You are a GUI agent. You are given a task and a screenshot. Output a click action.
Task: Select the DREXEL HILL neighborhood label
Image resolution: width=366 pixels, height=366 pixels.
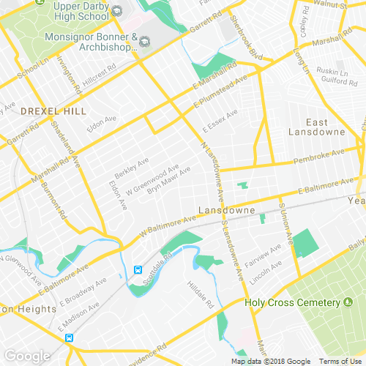pyautogui.click(x=53, y=111)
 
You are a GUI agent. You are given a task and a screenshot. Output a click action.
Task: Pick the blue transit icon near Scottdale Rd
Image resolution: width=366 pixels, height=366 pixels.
pyautogui.click(x=137, y=269)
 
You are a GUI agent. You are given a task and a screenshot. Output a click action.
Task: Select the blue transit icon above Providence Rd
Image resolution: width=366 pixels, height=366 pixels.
pyautogui.click(x=69, y=338)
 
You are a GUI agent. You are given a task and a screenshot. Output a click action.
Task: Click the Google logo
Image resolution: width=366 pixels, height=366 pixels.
pyautogui.click(x=26, y=356)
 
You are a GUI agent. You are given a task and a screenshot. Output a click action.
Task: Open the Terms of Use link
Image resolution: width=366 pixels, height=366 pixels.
pyautogui.click(x=340, y=362)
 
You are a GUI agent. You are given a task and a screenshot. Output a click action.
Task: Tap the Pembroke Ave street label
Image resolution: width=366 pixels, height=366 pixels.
pyautogui.click(x=318, y=157)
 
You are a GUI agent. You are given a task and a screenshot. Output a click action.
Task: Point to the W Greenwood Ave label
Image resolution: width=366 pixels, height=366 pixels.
pyautogui.click(x=152, y=180)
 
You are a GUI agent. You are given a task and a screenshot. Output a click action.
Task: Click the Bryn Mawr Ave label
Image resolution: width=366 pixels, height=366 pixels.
pyautogui.click(x=169, y=179)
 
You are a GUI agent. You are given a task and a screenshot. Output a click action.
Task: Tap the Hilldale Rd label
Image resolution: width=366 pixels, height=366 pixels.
pyautogui.click(x=200, y=294)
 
